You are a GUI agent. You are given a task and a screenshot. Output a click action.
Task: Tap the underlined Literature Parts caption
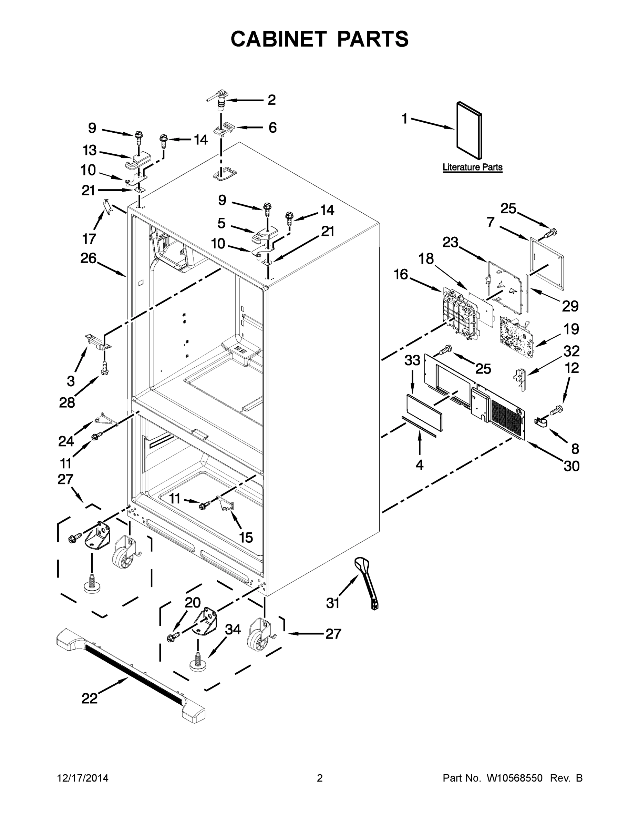[472, 167]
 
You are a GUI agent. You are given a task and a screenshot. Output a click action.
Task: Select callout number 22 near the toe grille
[90, 698]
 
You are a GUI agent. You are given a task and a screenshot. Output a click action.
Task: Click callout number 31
[333, 603]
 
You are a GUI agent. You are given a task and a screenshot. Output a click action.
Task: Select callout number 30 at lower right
[571, 466]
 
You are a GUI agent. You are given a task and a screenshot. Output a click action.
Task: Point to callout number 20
[192, 603]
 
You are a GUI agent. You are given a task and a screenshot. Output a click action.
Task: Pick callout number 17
[89, 238]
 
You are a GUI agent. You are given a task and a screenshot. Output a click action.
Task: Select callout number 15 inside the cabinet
[246, 537]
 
